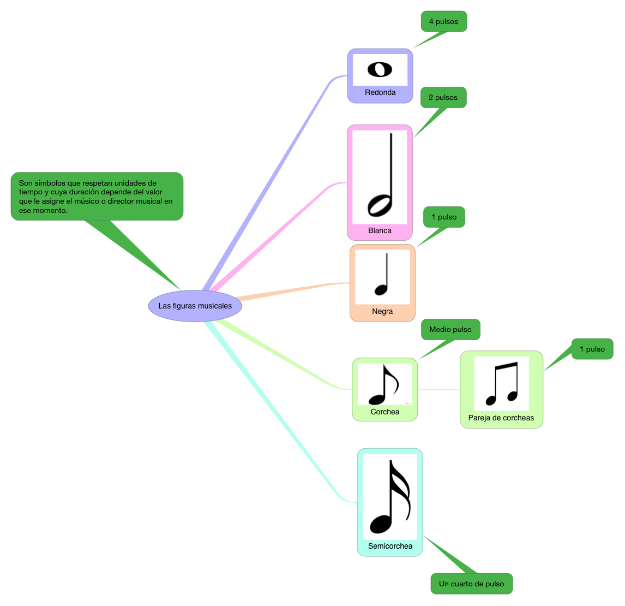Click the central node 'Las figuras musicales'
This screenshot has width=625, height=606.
(x=195, y=306)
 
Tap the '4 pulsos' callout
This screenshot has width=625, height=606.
(x=443, y=21)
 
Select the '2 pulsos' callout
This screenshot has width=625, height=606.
(x=443, y=97)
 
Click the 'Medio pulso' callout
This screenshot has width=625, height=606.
(x=450, y=329)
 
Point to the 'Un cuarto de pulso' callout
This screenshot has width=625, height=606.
(x=471, y=584)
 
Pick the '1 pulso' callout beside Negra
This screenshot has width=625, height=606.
(x=444, y=217)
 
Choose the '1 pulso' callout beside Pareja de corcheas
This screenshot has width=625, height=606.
(x=592, y=349)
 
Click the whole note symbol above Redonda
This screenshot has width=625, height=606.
(x=380, y=69)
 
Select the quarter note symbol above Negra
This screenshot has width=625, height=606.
(x=382, y=276)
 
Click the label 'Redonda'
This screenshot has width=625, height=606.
(x=380, y=92)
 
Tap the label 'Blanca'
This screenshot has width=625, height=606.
(x=380, y=230)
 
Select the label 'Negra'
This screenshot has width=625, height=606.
(x=382, y=311)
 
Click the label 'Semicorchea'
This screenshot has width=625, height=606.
(x=390, y=546)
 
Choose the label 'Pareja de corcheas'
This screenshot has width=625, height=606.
(x=501, y=418)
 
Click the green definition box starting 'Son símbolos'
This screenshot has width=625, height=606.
(x=97, y=196)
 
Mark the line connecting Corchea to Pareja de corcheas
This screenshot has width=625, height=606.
(x=439, y=389)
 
